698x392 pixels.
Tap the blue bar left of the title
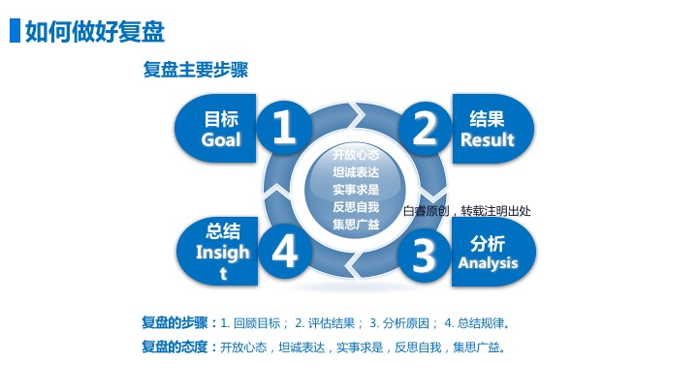(x=15, y=31)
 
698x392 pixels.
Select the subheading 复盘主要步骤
(x=195, y=71)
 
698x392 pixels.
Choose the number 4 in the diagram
(x=284, y=253)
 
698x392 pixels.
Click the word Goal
(x=221, y=139)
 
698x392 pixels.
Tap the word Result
(x=488, y=139)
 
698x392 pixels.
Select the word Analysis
(x=488, y=263)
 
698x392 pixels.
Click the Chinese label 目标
(x=221, y=119)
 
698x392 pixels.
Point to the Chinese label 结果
(x=487, y=119)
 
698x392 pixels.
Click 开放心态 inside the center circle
(x=355, y=154)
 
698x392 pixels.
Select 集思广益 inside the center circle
(x=355, y=224)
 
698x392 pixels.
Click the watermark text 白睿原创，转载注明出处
(x=466, y=210)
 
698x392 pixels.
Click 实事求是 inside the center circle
(x=355, y=189)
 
